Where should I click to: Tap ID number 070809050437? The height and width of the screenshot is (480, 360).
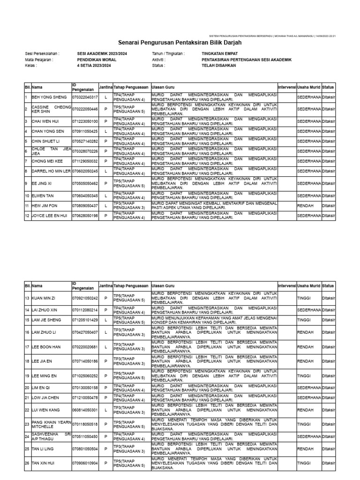click(85, 206)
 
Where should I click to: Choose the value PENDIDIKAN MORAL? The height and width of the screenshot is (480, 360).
click(97, 60)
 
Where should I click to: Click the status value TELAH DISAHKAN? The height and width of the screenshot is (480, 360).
click(219, 66)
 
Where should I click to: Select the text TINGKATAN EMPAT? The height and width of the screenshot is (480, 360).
click(218, 54)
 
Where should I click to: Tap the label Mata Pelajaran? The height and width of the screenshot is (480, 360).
click(39, 60)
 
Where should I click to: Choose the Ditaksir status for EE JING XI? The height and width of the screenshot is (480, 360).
click(328, 184)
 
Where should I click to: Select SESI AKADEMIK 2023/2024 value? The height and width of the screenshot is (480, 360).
click(102, 54)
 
